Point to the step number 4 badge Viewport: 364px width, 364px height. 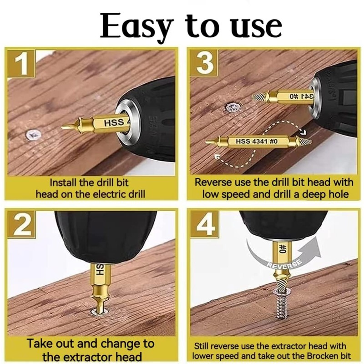click(x=204, y=224)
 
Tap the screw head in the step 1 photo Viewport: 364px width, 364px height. click(x=33, y=134)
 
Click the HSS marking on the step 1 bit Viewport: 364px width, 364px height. click(x=114, y=123)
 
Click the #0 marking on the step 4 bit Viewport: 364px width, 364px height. click(x=283, y=249)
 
